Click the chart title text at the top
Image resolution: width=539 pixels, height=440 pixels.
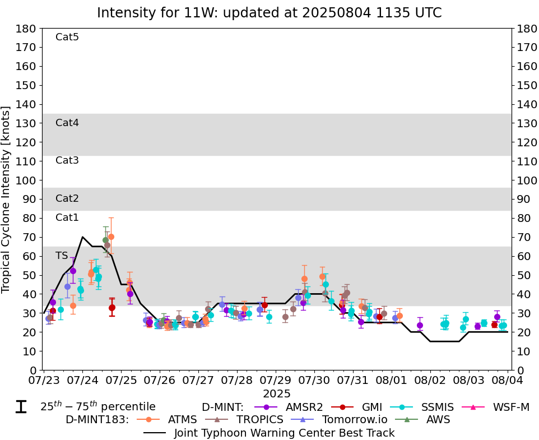[x=269, y=12]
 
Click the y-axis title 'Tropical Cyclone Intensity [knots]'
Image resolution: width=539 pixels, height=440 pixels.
[x=7, y=199]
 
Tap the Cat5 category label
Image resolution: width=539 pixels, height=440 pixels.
[x=67, y=37]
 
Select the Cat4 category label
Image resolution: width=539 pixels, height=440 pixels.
[x=67, y=123]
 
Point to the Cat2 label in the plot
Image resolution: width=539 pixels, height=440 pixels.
[x=67, y=198]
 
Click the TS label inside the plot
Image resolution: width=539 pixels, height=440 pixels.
[x=62, y=256]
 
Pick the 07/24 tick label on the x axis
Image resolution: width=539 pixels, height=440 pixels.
[x=82, y=381]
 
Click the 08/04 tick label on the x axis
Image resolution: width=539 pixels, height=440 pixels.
[x=508, y=381]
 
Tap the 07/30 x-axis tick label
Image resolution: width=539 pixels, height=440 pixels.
[x=314, y=381]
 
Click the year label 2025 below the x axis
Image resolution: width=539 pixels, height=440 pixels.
[x=276, y=393]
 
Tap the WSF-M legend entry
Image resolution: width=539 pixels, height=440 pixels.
[x=496, y=407]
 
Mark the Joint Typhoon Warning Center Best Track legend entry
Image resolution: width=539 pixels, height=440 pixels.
[x=269, y=433]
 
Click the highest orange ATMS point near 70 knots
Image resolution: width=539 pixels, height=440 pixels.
[x=111, y=237]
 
